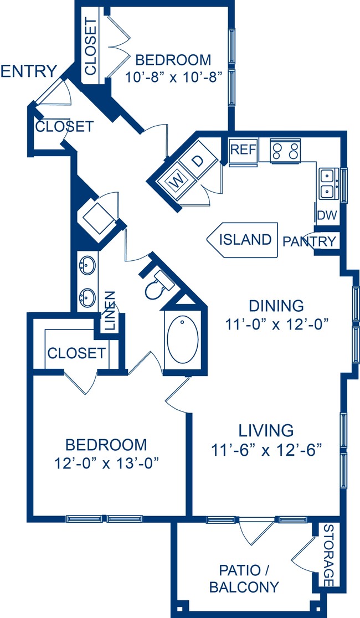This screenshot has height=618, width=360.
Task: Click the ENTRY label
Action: pos(29,71)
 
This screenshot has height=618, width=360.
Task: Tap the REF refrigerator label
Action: pos(242,149)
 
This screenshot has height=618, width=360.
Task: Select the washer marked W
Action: pos(176,180)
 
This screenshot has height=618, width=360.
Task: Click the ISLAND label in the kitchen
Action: pos(245,239)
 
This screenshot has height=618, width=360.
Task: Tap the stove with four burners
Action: pos(285,149)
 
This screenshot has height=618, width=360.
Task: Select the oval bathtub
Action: pos(182,339)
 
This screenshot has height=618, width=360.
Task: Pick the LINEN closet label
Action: pos(110,311)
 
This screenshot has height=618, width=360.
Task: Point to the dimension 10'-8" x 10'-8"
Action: pos(174,77)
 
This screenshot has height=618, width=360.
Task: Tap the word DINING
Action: pos(276,306)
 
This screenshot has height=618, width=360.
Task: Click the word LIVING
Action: pos(266,430)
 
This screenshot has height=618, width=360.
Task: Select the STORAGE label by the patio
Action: pos(328,555)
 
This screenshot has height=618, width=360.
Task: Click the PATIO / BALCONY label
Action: pos(244,578)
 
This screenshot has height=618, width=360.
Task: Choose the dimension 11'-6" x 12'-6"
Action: pos(266,449)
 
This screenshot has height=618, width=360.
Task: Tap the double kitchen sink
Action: pos(327,183)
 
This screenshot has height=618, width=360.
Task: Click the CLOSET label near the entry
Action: pos(64,127)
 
